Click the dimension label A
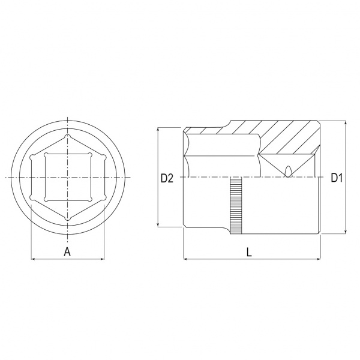(67, 252)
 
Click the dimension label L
(249, 253)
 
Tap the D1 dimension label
(337, 178)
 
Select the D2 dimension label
(167, 178)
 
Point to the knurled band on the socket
(236, 205)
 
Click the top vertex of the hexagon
(67, 136)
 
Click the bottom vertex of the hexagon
(67, 218)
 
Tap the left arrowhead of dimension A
(32, 259)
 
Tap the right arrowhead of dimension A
(103, 259)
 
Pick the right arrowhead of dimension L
(319, 259)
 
